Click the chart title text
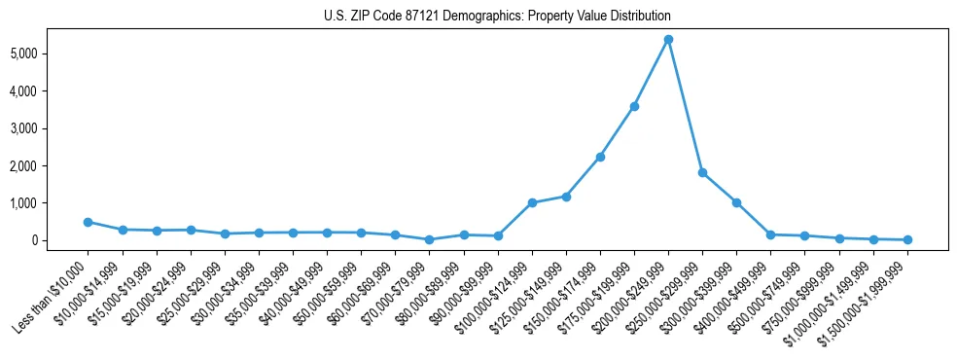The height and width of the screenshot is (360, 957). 497,17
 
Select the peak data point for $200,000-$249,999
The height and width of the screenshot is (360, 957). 668,40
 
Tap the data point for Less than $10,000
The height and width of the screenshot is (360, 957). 88,222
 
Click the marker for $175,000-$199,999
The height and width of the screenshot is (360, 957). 634,106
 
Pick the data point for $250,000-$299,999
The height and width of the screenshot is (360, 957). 702,172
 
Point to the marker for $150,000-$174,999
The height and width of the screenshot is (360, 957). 600,157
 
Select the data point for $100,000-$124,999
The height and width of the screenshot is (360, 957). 532,202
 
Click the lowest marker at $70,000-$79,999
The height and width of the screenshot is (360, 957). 429,239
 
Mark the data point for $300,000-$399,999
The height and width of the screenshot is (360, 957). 736,202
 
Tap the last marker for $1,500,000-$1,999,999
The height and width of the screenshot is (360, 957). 907,239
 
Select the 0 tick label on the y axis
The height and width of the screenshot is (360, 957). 60,240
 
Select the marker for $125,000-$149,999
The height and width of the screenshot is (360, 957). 566,197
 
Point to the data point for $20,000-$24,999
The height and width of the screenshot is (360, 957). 191,230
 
